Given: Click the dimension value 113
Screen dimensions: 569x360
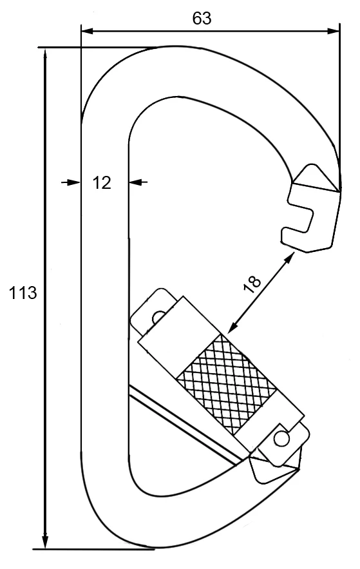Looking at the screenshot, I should (x=23, y=293).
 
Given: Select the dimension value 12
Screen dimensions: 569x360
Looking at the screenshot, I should (x=102, y=183).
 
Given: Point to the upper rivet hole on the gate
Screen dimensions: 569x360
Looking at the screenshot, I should (x=157, y=317).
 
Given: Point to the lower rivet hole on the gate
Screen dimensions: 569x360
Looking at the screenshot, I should (x=280, y=438).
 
